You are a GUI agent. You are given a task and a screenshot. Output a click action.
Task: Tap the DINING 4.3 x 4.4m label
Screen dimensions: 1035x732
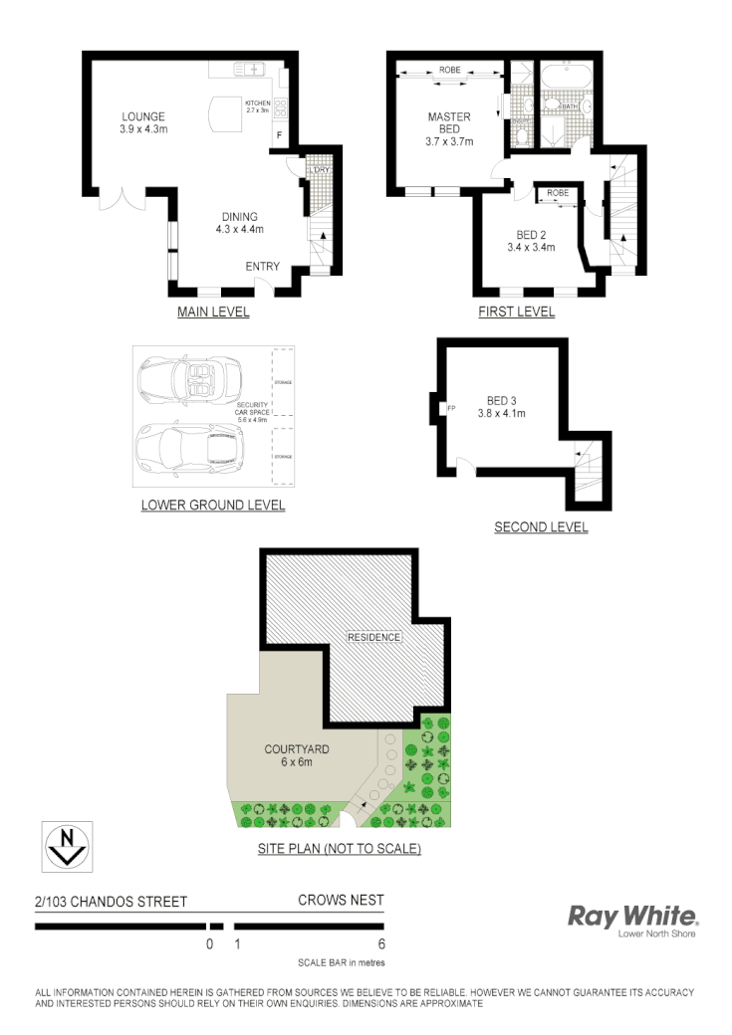click(x=236, y=223)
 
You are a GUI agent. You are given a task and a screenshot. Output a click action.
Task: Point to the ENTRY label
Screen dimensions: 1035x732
click(x=263, y=267)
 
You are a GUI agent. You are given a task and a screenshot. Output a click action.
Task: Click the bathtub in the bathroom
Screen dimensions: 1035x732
click(x=566, y=74)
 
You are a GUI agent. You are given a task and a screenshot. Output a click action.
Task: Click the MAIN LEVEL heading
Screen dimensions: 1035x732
click(x=213, y=312)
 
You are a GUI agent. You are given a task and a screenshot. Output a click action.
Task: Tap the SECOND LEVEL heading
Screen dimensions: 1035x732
click(x=541, y=527)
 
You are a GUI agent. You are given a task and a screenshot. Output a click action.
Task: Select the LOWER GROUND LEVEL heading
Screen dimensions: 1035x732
click(x=213, y=505)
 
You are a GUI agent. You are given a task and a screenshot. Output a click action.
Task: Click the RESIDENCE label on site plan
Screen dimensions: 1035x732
click(x=373, y=637)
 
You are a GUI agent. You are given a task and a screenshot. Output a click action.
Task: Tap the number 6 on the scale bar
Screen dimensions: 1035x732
click(x=381, y=944)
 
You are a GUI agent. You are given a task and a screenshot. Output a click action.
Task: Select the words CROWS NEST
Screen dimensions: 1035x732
click(x=341, y=901)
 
